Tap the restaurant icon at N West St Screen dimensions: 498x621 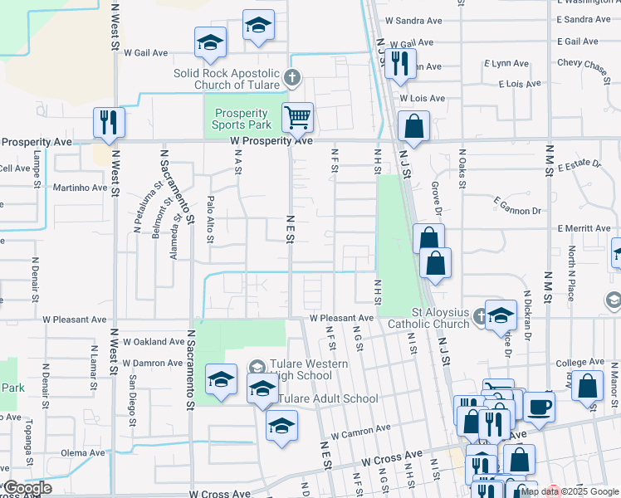point(109,122)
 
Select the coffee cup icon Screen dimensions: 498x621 point(539,408)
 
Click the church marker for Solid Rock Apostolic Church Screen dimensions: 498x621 point(291,79)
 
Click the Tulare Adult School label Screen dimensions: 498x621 point(328,398)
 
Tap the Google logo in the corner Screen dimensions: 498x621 point(27,488)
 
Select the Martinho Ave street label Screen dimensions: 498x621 point(81,188)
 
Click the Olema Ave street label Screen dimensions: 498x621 point(83,452)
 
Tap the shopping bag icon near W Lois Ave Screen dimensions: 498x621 point(413,127)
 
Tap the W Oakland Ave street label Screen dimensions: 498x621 point(154,341)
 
